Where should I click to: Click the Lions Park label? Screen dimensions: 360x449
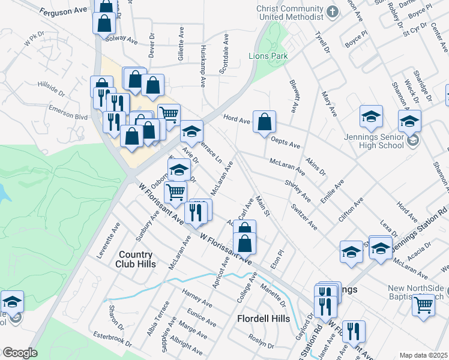pos(268,56)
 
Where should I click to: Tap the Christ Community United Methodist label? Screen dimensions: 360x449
pos(289,13)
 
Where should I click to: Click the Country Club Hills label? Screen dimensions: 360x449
pos(137,259)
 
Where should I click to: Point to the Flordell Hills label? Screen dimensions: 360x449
pos(264,319)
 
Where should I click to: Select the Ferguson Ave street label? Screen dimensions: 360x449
pos(64,11)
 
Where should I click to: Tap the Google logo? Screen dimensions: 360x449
pos(20,353)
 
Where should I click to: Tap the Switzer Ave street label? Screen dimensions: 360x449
pos(304,217)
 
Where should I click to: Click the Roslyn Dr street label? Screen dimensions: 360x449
pos(262,345)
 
